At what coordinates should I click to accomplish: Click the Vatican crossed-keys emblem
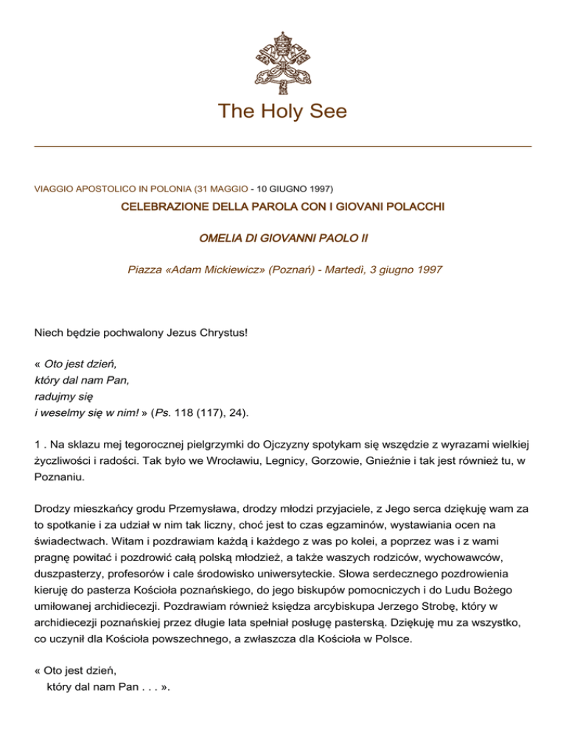click(282, 62)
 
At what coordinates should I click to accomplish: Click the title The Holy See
click(282, 111)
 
